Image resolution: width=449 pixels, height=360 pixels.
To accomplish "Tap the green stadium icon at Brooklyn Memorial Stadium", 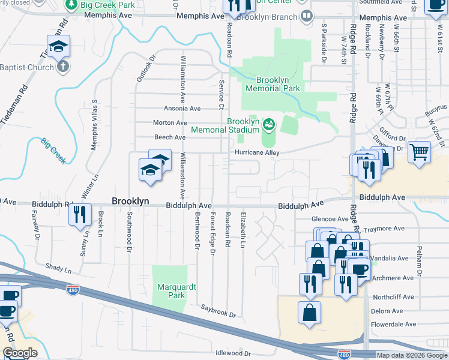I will coord(268,124).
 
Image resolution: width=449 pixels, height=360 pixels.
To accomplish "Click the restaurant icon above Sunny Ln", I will coord(80,214).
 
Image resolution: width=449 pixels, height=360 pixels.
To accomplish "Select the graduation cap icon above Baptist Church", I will coord(59,46).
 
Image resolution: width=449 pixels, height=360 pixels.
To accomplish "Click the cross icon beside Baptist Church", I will coord(63,67).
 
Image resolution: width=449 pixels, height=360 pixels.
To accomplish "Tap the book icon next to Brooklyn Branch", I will coord(307,17).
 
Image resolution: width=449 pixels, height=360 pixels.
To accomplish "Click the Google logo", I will coord(20,353).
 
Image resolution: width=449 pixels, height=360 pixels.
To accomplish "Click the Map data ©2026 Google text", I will coord(411,355).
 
